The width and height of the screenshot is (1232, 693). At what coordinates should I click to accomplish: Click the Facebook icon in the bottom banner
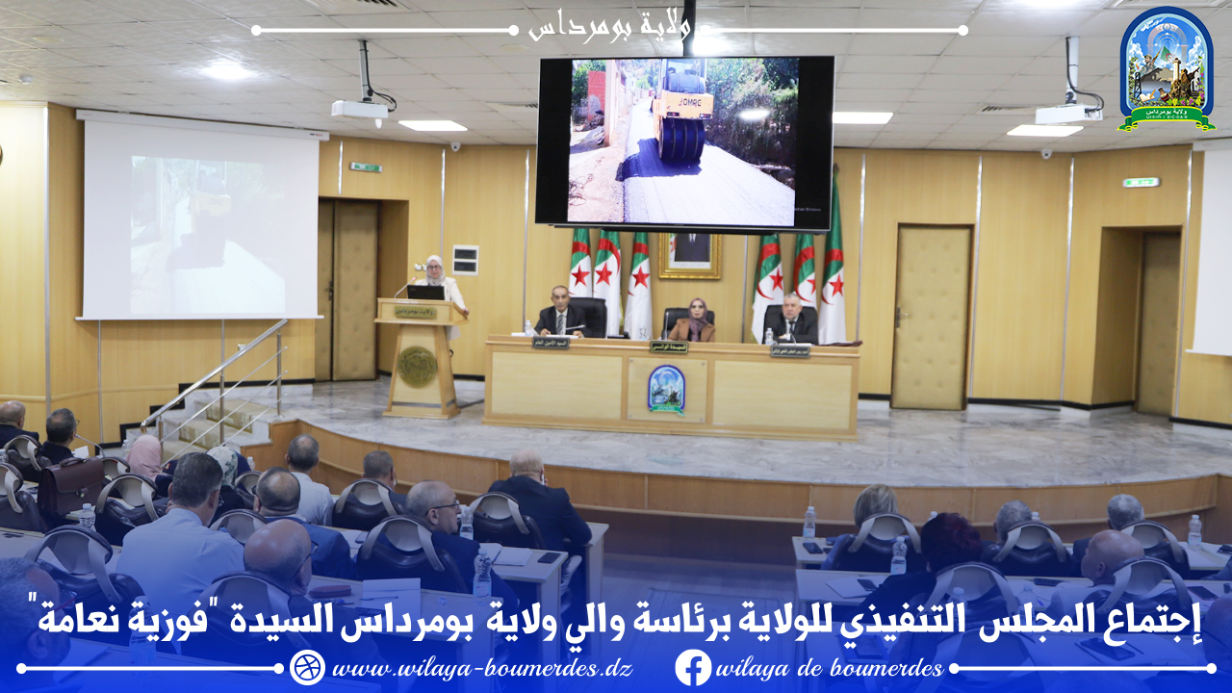click(693, 668)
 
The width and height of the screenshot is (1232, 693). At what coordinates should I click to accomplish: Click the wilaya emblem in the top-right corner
click(1167, 69)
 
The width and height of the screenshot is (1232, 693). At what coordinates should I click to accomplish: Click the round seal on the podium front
click(417, 366)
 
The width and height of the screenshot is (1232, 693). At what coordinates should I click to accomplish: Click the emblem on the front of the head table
click(666, 388)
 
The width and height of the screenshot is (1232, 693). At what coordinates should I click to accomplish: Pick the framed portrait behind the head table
click(689, 255)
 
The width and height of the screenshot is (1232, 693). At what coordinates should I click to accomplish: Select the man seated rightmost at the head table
click(791, 318)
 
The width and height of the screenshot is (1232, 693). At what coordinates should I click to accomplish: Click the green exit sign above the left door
click(365, 167)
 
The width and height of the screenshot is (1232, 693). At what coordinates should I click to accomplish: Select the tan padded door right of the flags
click(931, 318)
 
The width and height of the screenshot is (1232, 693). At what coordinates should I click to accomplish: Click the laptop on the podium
click(424, 292)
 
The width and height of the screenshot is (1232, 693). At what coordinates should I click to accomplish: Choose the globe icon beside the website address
click(307, 668)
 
